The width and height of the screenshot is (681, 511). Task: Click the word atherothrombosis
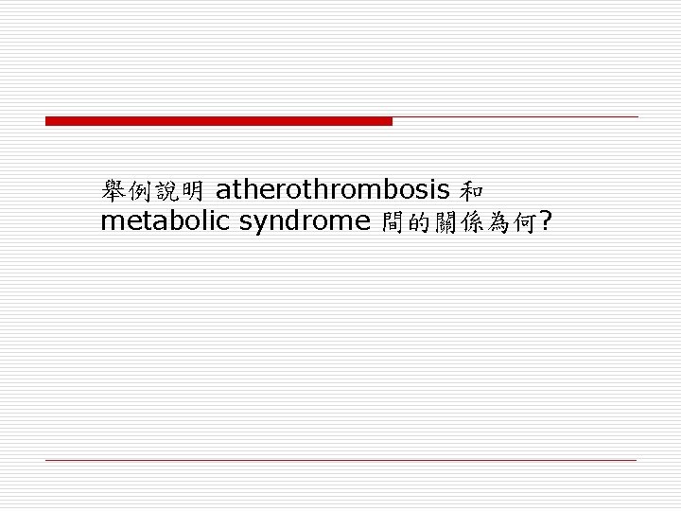coord(332,190)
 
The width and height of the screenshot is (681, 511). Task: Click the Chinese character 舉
coord(113,191)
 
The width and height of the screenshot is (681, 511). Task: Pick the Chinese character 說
coord(166,191)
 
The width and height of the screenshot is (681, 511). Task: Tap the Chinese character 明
coord(192,191)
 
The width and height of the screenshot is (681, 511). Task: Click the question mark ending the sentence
coord(545,222)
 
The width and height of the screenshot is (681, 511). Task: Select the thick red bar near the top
coord(218,121)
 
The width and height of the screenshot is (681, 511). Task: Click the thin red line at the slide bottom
coord(340,460)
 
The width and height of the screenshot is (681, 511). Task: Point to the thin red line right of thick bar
coord(515,117)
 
